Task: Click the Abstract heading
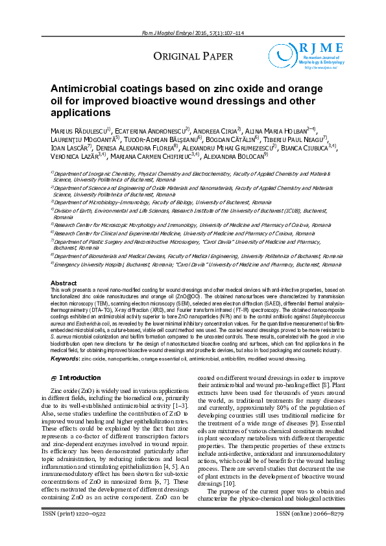click(64, 283)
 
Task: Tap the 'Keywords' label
click(65, 358)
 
